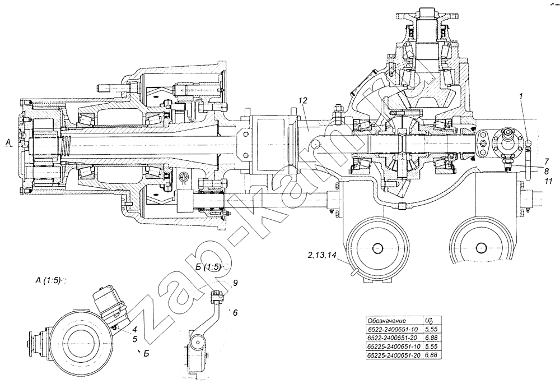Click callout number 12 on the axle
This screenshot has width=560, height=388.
coord(303,101)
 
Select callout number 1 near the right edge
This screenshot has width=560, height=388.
coord(522,96)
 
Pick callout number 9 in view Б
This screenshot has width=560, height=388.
coord(235,284)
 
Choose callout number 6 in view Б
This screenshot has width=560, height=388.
coord(235,312)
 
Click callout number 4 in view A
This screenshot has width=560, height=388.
coord(134,329)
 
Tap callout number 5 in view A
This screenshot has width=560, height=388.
coord(134,338)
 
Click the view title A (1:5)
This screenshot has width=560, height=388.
coord(49,280)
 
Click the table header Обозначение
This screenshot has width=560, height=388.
coord(386,321)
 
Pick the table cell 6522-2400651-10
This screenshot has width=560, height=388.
coord(393,329)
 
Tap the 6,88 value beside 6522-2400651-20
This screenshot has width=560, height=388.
coord(431,338)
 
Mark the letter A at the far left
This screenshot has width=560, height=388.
coord(8,143)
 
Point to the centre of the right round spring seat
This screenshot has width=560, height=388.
coord(480,247)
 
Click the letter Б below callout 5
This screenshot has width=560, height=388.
coord(146,354)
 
